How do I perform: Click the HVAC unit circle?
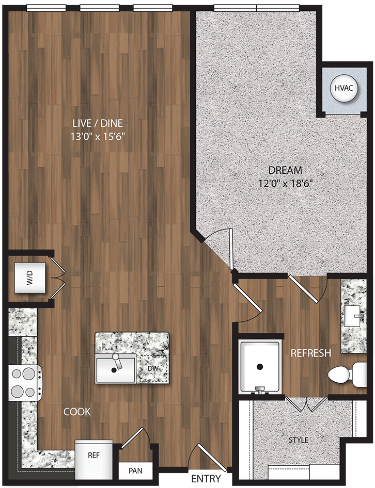coord(343,88)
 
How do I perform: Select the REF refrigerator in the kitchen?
coord(93,456)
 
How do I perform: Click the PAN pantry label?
coord(135,470)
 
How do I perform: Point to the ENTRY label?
coord(206,479)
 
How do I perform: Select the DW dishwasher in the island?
coord(152,368)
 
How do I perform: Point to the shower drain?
coord(260,367)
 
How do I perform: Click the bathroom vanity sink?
coord(355,313)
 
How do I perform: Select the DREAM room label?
coord(285,170)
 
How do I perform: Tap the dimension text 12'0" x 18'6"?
coord(285,183)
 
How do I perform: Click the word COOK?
coord(77,412)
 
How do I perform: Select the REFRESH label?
coord(310,353)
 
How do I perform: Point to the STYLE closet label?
coord(299,440)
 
